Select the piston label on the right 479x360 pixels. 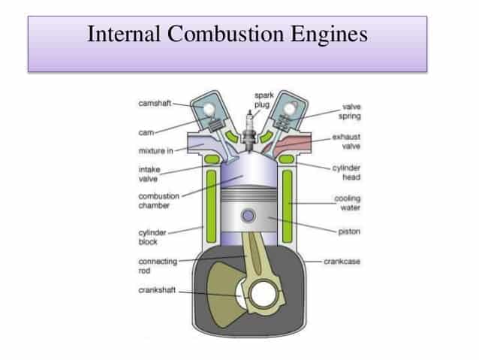(350, 231)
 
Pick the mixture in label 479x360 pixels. (156, 150)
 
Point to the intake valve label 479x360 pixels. (151, 174)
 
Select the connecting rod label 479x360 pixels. (153, 266)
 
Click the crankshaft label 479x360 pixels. (155, 290)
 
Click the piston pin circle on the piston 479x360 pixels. (248, 216)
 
